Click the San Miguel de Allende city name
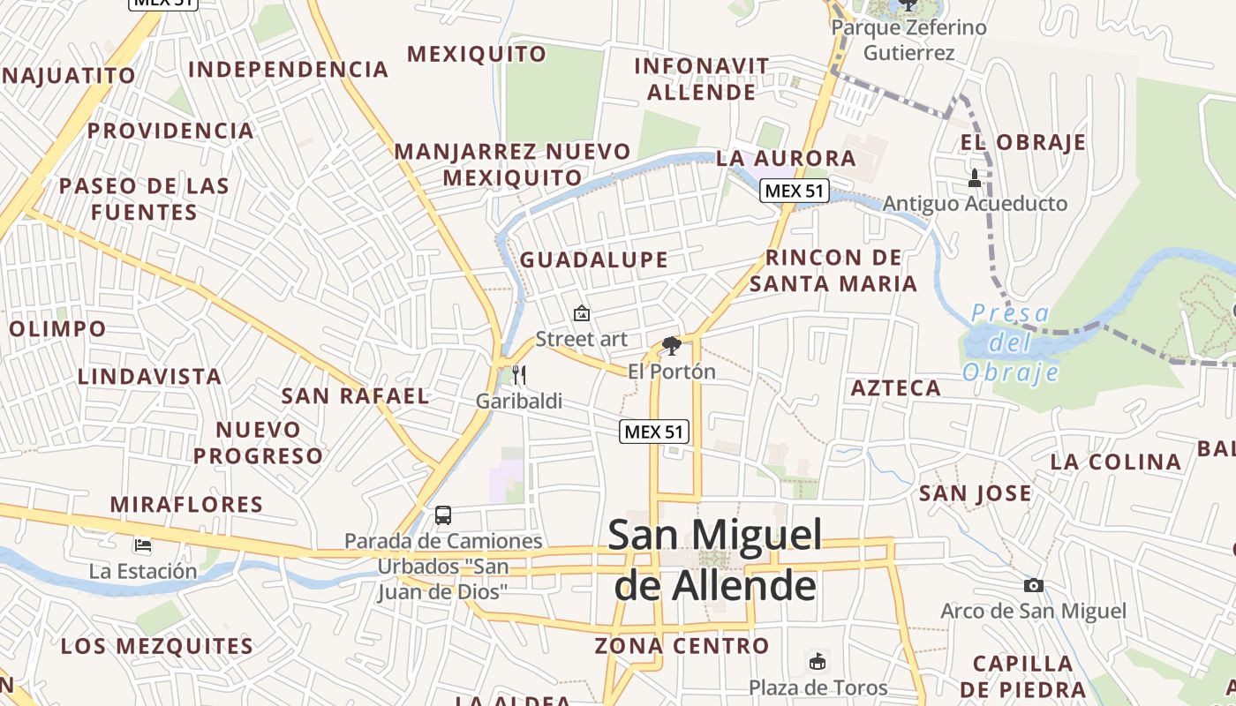click(x=715, y=560)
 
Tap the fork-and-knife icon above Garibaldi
click(x=519, y=375)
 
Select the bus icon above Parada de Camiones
click(x=443, y=514)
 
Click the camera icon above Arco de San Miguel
click(x=1033, y=585)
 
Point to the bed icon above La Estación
click(x=142, y=545)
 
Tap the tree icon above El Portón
click(x=672, y=345)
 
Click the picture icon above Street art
click(x=582, y=313)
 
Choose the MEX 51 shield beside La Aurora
click(x=795, y=191)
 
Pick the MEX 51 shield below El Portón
click(x=654, y=432)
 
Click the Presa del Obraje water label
click(x=1011, y=342)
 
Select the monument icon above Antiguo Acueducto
click(x=975, y=178)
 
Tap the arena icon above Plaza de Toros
click(x=818, y=661)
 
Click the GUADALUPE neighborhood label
click(x=593, y=259)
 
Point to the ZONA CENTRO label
click(x=682, y=646)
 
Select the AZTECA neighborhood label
click(x=895, y=387)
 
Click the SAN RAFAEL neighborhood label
click(x=355, y=395)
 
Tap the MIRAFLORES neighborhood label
click(x=186, y=505)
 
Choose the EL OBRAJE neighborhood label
click(x=1023, y=143)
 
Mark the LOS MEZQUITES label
click(x=157, y=646)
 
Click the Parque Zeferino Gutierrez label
click(x=908, y=40)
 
